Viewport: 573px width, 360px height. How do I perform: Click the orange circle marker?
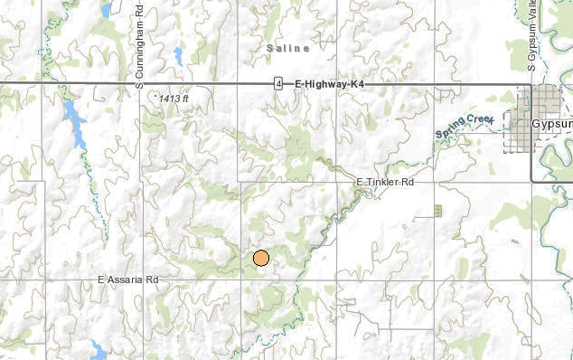coord(261,259)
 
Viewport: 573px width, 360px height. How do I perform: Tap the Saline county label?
coord(288,47)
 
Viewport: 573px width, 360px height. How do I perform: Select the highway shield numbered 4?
coord(279,83)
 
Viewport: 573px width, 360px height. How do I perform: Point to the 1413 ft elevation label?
coord(171,96)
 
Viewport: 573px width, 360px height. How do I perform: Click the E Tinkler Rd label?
coord(384,183)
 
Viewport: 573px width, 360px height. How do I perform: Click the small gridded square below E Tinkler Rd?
coord(437,211)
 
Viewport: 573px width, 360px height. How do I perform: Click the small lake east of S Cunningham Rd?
coord(178,56)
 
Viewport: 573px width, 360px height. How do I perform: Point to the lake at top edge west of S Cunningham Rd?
coord(107,10)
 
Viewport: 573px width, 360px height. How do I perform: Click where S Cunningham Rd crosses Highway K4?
coord(142,83)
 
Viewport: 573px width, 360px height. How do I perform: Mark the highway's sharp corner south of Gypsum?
coord(531,182)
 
